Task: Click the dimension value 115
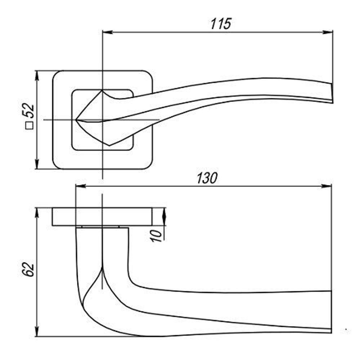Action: [220, 24]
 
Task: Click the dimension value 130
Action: [207, 178]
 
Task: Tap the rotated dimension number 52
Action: [29, 112]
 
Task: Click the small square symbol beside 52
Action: [29, 126]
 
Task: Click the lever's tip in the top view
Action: [331, 94]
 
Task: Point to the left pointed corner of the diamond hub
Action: [77, 119]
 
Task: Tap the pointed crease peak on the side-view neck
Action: [103, 268]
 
